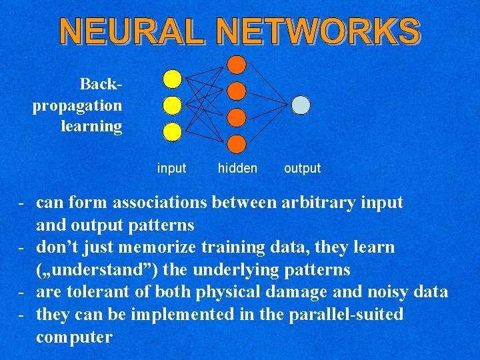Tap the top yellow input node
click(x=172, y=79)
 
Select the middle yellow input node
click(x=172, y=105)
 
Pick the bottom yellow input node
click(x=172, y=132)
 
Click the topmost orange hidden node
click(x=237, y=63)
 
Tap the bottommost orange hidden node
click(x=237, y=143)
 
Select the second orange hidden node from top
click(x=237, y=90)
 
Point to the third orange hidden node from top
click(x=237, y=117)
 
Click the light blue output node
click(x=301, y=105)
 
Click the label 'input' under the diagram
click(x=171, y=169)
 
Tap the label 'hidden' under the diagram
click(x=237, y=169)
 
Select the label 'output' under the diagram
click(x=302, y=169)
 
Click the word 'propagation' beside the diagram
click(x=77, y=106)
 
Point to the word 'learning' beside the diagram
click(x=91, y=126)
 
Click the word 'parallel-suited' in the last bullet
click(x=346, y=314)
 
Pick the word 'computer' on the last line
click(x=74, y=337)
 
